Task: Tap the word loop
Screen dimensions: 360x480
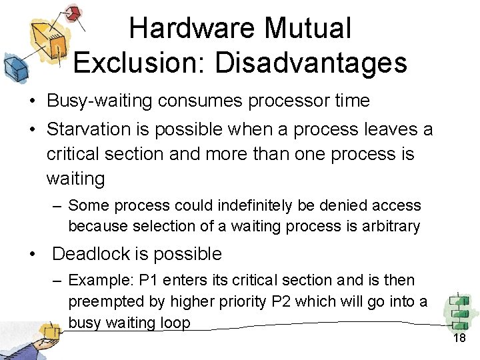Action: [175, 323]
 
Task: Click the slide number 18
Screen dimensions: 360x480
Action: [459, 339]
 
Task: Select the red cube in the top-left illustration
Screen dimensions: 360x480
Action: [75, 13]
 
